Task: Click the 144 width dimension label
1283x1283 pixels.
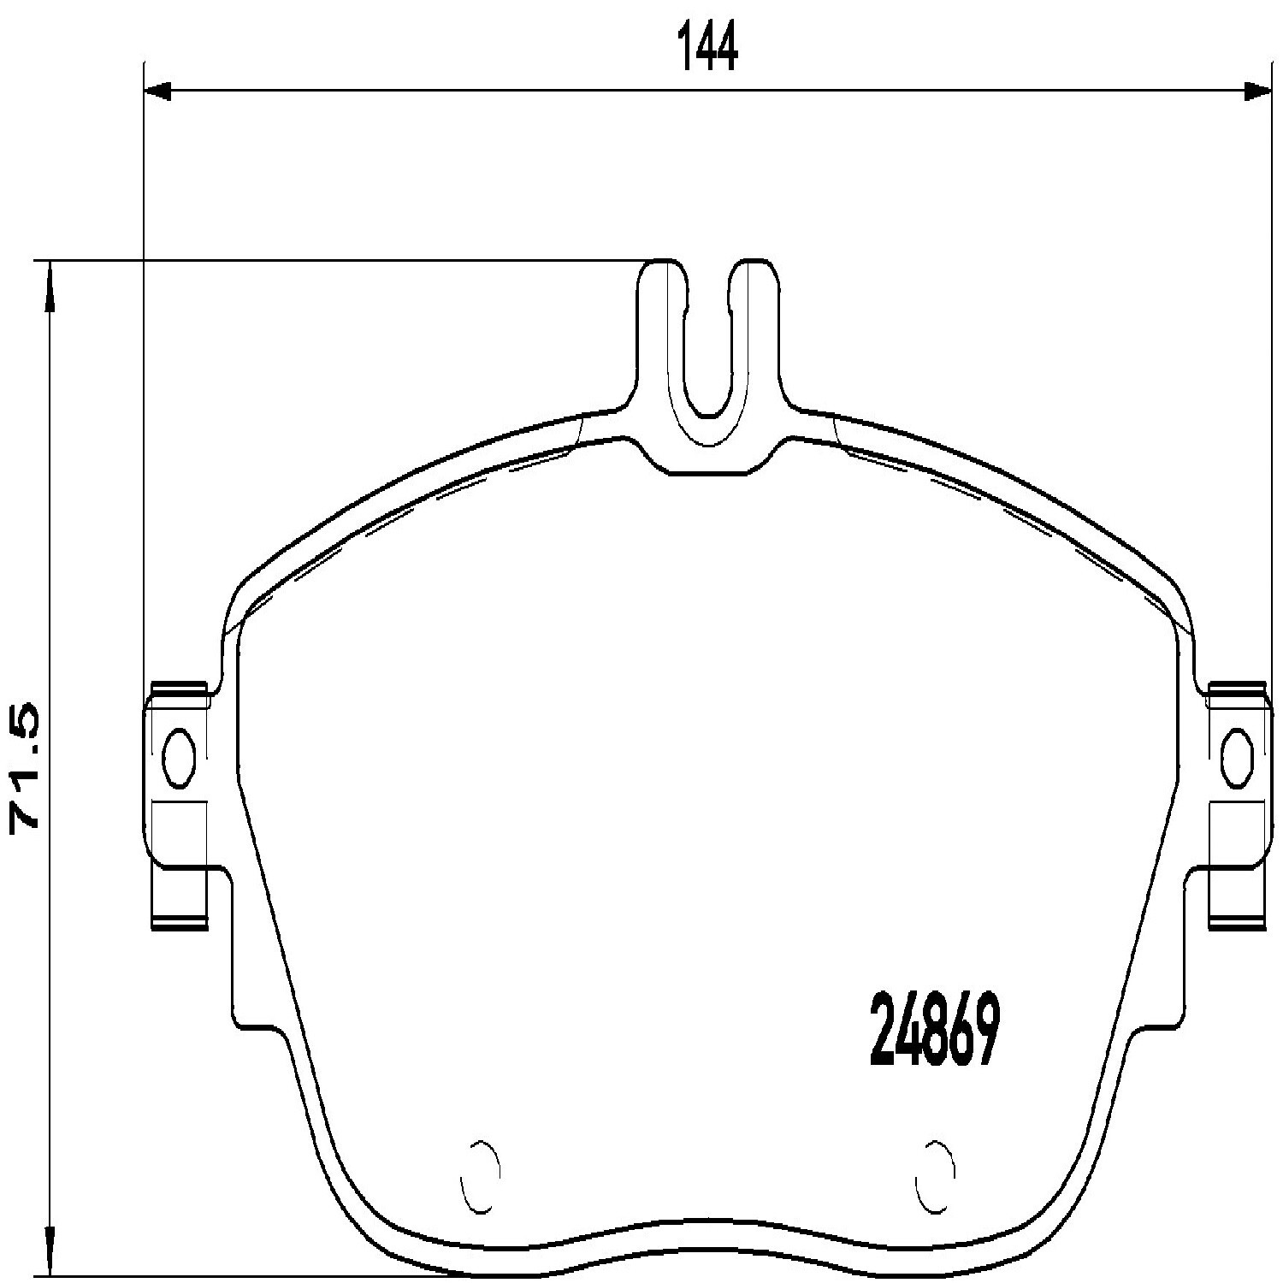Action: [707, 48]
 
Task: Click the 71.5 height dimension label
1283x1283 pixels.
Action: [25, 767]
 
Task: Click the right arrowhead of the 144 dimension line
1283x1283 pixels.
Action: [1256, 92]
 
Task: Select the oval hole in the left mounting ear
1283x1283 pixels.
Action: [179, 756]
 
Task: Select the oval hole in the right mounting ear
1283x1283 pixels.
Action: [1237, 756]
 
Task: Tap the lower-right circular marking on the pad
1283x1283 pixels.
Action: [935, 1176]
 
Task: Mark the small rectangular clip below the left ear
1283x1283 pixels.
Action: [180, 895]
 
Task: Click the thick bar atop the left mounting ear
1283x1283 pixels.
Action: [180, 686]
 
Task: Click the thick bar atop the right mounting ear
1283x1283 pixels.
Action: [1237, 686]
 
